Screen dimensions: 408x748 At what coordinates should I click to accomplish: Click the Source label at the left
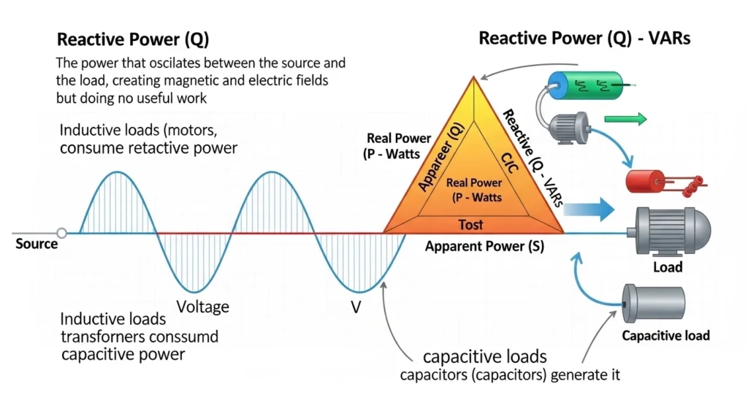[x=36, y=244]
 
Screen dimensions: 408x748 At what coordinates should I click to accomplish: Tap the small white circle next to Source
[x=62, y=233]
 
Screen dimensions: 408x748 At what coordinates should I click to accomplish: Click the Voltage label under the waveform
[x=204, y=307]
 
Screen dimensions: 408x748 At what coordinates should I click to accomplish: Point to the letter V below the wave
[x=356, y=307]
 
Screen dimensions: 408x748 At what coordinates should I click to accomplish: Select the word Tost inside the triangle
[x=470, y=224]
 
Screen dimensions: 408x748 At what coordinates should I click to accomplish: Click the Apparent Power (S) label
[x=485, y=246]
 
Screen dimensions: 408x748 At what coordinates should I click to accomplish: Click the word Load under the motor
[x=667, y=267]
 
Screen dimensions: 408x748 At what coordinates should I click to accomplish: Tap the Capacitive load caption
[x=665, y=336]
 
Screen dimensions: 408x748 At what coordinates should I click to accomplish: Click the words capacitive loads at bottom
[x=484, y=357]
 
